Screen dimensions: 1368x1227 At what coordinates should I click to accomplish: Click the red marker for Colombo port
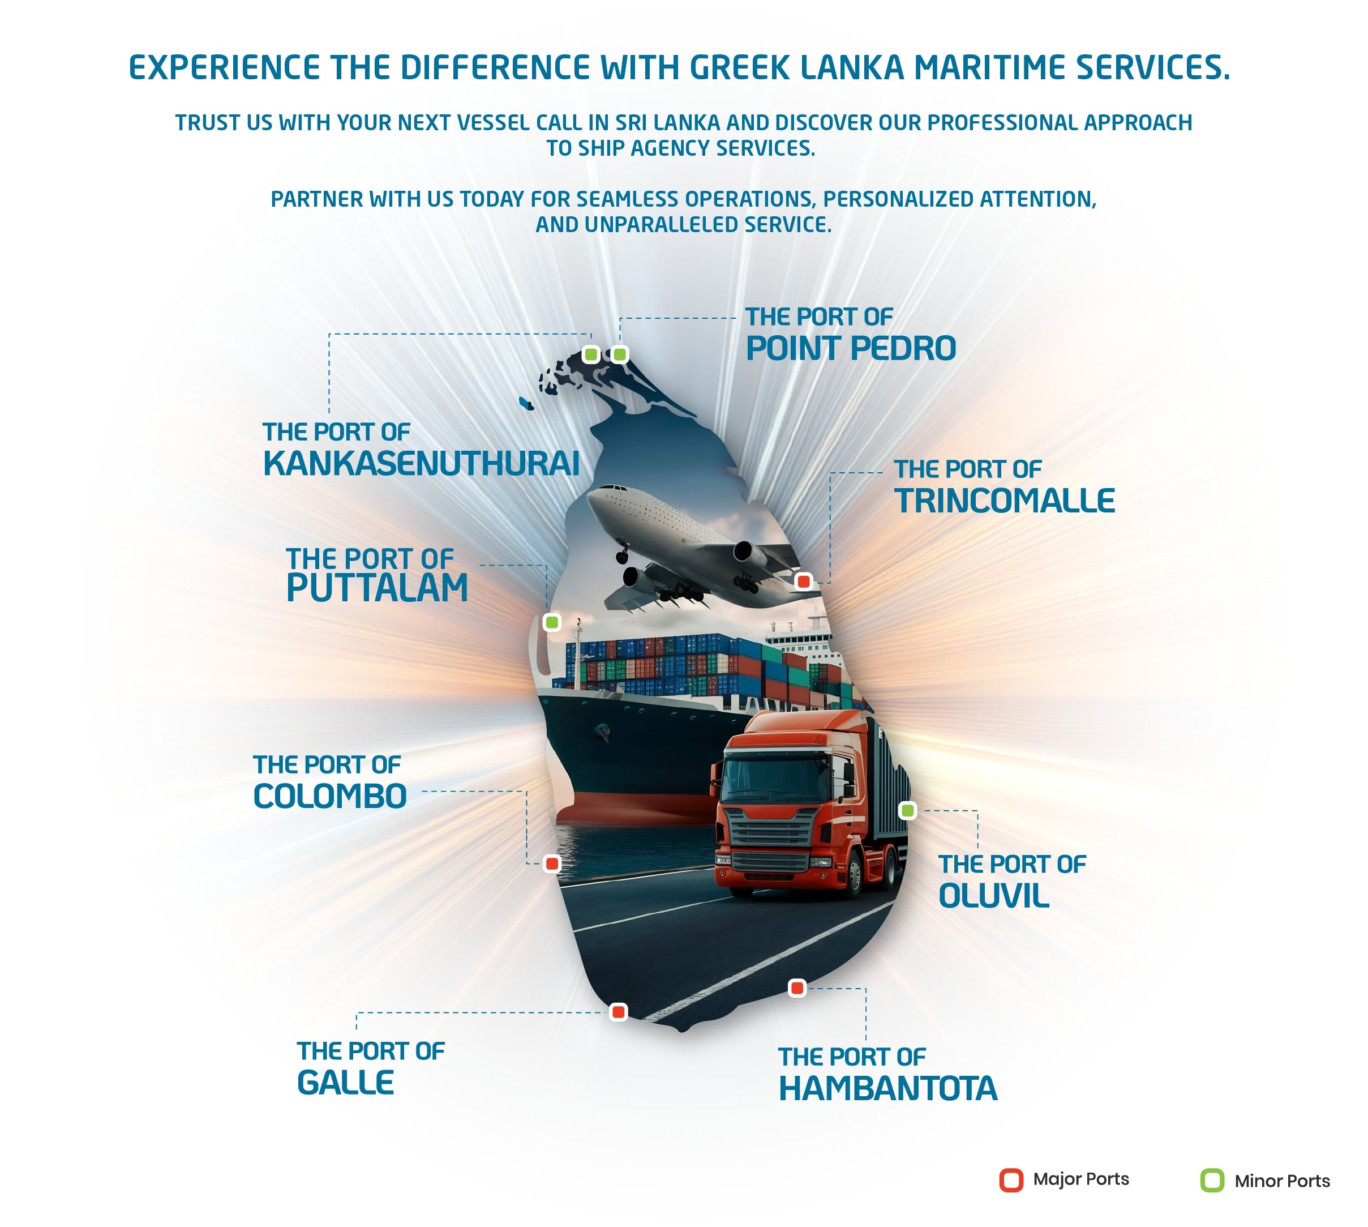(552, 863)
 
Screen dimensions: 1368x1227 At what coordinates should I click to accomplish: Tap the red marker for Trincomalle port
(803, 581)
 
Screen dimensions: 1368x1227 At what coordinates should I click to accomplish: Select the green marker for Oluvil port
(908, 810)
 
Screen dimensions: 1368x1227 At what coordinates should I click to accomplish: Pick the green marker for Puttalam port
(552, 622)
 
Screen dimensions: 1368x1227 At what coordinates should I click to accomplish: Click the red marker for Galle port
(618, 1012)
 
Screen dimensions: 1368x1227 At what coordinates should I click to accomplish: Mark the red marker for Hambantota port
(797, 989)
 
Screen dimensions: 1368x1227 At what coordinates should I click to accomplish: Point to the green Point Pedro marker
(619, 354)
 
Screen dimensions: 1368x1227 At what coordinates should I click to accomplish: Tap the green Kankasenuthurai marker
(591, 354)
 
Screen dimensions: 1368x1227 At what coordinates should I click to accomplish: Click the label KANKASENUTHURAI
(421, 463)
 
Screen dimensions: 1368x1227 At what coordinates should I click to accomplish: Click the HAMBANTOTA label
(887, 1089)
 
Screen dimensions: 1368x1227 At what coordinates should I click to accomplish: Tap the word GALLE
(346, 1083)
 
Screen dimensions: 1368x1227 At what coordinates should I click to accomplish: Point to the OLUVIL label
(994, 896)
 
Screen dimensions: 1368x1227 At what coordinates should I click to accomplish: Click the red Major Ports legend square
(1011, 1180)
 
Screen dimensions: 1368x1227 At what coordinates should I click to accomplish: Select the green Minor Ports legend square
(1212, 1180)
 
